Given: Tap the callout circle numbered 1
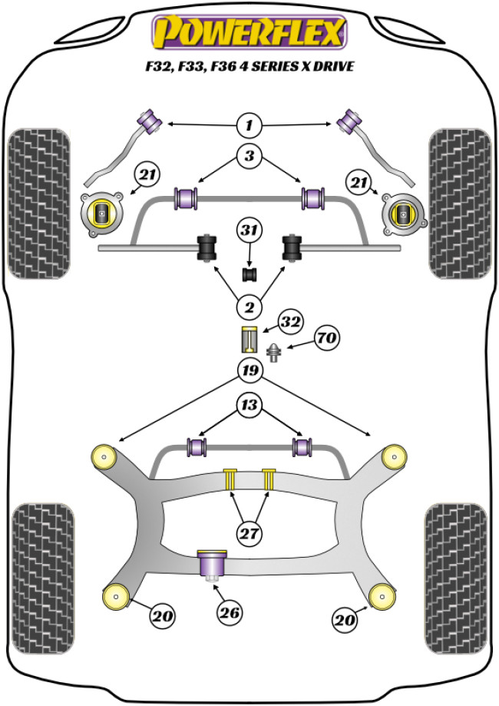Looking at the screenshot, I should point(249,124).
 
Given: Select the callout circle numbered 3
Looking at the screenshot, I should point(249,157).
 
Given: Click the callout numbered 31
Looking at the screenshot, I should point(249,230).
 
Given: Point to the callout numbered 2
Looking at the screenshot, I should point(249,308).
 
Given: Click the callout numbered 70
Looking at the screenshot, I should point(326,337).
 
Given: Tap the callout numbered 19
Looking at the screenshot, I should point(249,371).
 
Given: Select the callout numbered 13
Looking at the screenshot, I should point(249,405).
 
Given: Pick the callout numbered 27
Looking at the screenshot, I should point(249,533).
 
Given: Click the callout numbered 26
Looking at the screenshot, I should point(230,612).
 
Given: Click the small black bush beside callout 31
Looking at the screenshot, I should point(249,273).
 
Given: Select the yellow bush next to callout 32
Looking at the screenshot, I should point(249,337).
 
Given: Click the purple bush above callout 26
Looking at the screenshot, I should point(211,565).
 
